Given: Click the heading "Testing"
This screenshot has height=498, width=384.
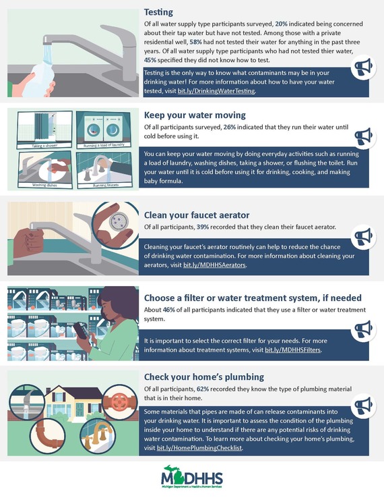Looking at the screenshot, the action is (158, 12).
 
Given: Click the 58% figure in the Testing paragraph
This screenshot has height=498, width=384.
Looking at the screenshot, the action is (195, 42).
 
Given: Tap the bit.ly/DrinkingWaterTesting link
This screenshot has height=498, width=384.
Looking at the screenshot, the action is (216, 91).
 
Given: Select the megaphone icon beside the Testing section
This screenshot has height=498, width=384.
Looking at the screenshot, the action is (363, 67).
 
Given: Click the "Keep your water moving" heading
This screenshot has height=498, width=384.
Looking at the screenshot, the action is (195, 115).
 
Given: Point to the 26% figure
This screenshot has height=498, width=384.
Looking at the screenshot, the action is (230, 127).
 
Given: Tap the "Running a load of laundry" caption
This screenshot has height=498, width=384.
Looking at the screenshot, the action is (104, 145).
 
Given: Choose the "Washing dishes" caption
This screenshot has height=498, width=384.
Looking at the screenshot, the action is (44, 185).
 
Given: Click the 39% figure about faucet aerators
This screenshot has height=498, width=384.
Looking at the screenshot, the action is (203, 227).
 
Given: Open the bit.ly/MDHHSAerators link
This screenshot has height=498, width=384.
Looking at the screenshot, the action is (214, 265).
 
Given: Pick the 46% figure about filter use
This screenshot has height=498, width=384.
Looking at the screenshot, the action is (168, 310).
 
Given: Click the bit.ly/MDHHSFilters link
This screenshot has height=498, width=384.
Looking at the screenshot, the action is (292, 350).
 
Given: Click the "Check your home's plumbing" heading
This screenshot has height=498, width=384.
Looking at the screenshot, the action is (204, 377).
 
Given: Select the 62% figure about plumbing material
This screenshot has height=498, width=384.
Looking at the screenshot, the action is (203, 389).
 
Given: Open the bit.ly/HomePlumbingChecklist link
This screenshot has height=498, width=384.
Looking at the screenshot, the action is (199, 448).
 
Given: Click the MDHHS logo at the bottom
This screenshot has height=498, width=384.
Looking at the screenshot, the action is (192, 476).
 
